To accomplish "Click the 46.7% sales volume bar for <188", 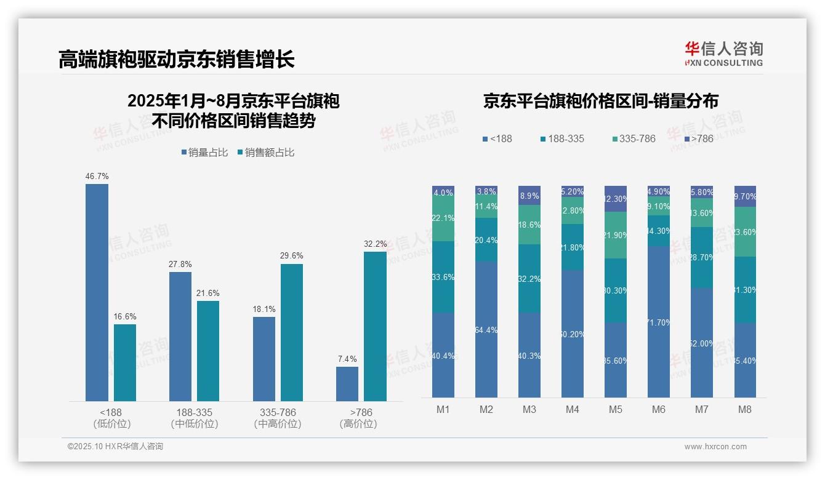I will [x=97, y=292].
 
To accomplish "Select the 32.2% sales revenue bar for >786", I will [x=375, y=326].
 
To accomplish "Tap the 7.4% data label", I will [x=347, y=359].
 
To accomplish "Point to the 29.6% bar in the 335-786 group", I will [x=291, y=332].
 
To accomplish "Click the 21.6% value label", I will [x=208, y=293].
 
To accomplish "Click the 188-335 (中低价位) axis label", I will [x=194, y=418].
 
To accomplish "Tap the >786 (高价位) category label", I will [x=358, y=418].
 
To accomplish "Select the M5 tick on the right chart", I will [x=615, y=409].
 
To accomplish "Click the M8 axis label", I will [x=744, y=409].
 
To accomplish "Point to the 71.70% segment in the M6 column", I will [x=658, y=322].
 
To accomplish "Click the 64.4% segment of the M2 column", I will [x=486, y=329].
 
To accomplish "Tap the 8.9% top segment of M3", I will [x=529, y=195].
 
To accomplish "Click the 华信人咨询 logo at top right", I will [x=723, y=54].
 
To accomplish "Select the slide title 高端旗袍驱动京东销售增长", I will [x=177, y=59].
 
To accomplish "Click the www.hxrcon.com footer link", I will [x=715, y=447].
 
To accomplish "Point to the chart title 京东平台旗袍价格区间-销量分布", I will [x=600, y=101].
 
